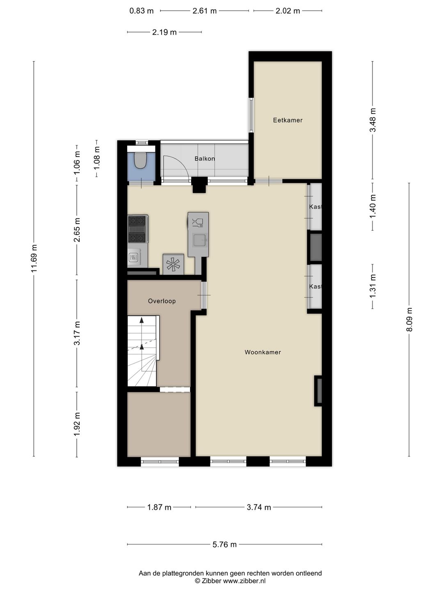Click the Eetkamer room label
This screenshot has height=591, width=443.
tap(288, 120)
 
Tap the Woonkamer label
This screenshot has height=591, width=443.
tap(263, 352)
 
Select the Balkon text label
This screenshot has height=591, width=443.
tap(205, 158)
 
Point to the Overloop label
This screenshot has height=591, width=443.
tap(162, 301)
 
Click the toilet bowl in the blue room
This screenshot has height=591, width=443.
tap(140, 161)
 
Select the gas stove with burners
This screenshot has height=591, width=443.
tap(137, 229)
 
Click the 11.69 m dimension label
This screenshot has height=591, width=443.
tap(34, 259)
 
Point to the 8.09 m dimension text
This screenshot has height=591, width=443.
tap(409, 320)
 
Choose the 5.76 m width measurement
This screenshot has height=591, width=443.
tap(224, 545)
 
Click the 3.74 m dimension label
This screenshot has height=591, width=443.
tap(259, 507)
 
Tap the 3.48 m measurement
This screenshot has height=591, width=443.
tap(372, 120)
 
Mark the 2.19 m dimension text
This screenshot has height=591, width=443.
tap(164, 32)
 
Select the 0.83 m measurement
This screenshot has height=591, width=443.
tap(142, 11)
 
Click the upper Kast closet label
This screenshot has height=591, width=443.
tap(315, 207)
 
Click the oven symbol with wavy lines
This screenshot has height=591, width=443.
tap(134, 258)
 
